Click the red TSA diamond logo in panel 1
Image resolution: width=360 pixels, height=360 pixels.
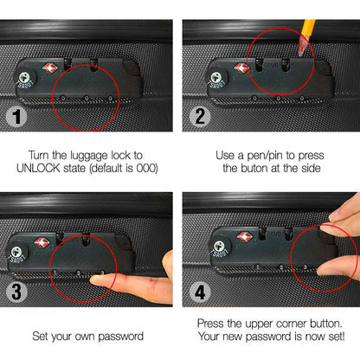(48, 67)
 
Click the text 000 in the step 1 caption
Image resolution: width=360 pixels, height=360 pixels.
(146, 166)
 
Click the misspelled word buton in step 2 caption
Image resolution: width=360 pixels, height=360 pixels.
(252, 166)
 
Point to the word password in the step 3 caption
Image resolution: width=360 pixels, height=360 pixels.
(116, 335)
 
